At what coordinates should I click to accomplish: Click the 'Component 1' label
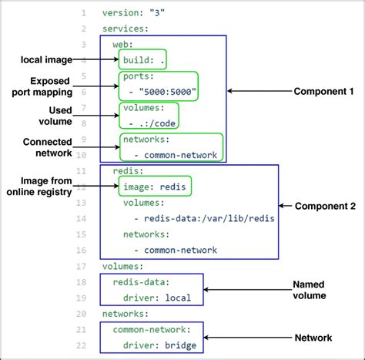[323, 91]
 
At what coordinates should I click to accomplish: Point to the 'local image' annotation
[45, 59]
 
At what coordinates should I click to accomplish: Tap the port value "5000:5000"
[167, 93]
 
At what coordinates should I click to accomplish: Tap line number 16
[82, 250]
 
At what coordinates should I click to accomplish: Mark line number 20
[82, 313]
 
